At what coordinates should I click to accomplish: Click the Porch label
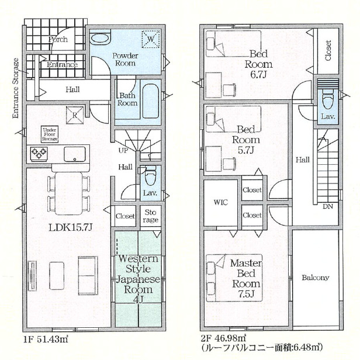point(58,40)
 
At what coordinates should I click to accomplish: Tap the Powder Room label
point(126,60)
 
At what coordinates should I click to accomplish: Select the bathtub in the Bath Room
point(151,102)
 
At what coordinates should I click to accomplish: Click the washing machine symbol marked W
point(150,39)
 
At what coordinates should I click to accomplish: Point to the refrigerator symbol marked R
point(75,115)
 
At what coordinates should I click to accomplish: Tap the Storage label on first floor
point(151,216)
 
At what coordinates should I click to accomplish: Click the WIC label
point(220,203)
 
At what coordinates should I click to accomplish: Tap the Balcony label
point(316,278)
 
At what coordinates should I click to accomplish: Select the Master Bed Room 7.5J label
point(244,274)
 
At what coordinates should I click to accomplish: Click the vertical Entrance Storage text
point(16,88)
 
